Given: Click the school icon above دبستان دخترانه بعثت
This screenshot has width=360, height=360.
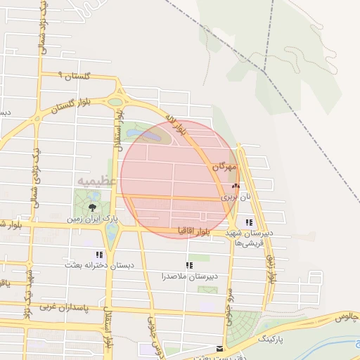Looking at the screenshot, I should pos(99,254).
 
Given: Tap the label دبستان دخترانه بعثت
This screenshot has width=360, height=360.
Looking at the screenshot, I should pos(99,265).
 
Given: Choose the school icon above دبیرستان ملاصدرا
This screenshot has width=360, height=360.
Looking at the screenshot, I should pos(188,265).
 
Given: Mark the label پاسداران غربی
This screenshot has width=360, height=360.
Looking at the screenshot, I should pos(62,307).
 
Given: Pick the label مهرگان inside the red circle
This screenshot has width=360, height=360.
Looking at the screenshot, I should pos(224,168).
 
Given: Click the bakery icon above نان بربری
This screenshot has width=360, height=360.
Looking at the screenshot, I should pos(236,186).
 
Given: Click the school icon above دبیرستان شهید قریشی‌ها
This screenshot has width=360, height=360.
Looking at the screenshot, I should pos(249,221).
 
